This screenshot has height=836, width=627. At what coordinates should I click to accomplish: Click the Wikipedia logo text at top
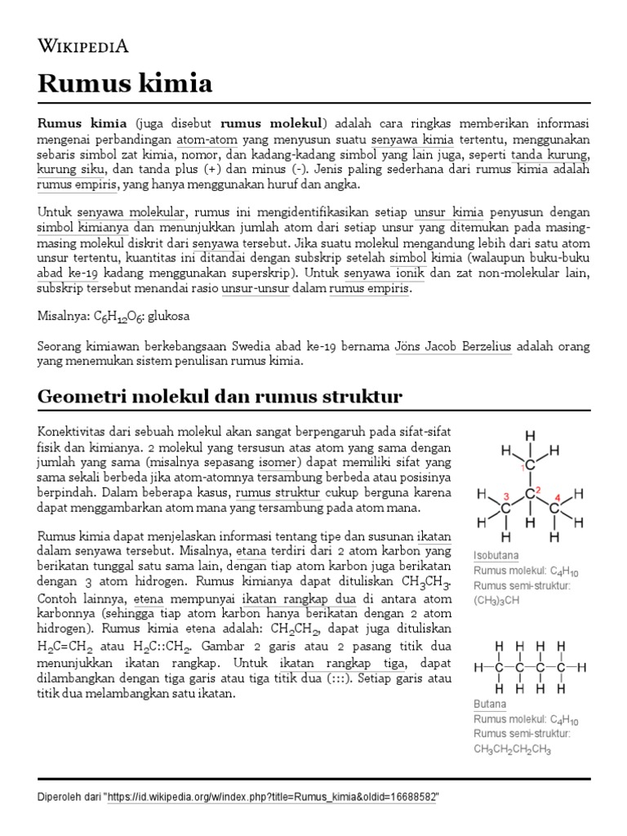coord(83,46)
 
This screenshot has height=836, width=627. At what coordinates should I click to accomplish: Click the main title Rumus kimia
coord(125,82)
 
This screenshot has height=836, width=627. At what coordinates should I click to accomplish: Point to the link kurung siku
coord(71,169)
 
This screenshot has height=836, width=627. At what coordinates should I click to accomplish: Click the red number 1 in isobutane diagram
coord(521,469)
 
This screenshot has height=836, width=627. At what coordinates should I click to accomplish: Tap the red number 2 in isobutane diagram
coord(538,490)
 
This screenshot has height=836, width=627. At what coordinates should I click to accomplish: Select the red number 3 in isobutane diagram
coord(506,496)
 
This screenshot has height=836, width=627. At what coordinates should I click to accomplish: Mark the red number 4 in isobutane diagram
coord(557,496)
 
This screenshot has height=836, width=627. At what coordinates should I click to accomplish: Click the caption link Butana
coord(490,704)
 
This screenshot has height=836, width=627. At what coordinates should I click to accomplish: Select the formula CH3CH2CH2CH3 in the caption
coord(513,749)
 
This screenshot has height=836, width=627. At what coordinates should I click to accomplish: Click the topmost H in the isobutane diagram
coord(530,435)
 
